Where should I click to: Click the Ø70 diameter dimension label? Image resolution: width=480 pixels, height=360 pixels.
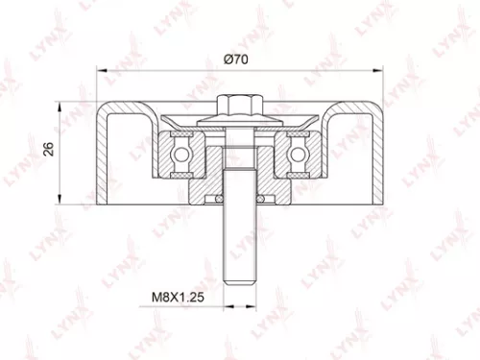(235, 60)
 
